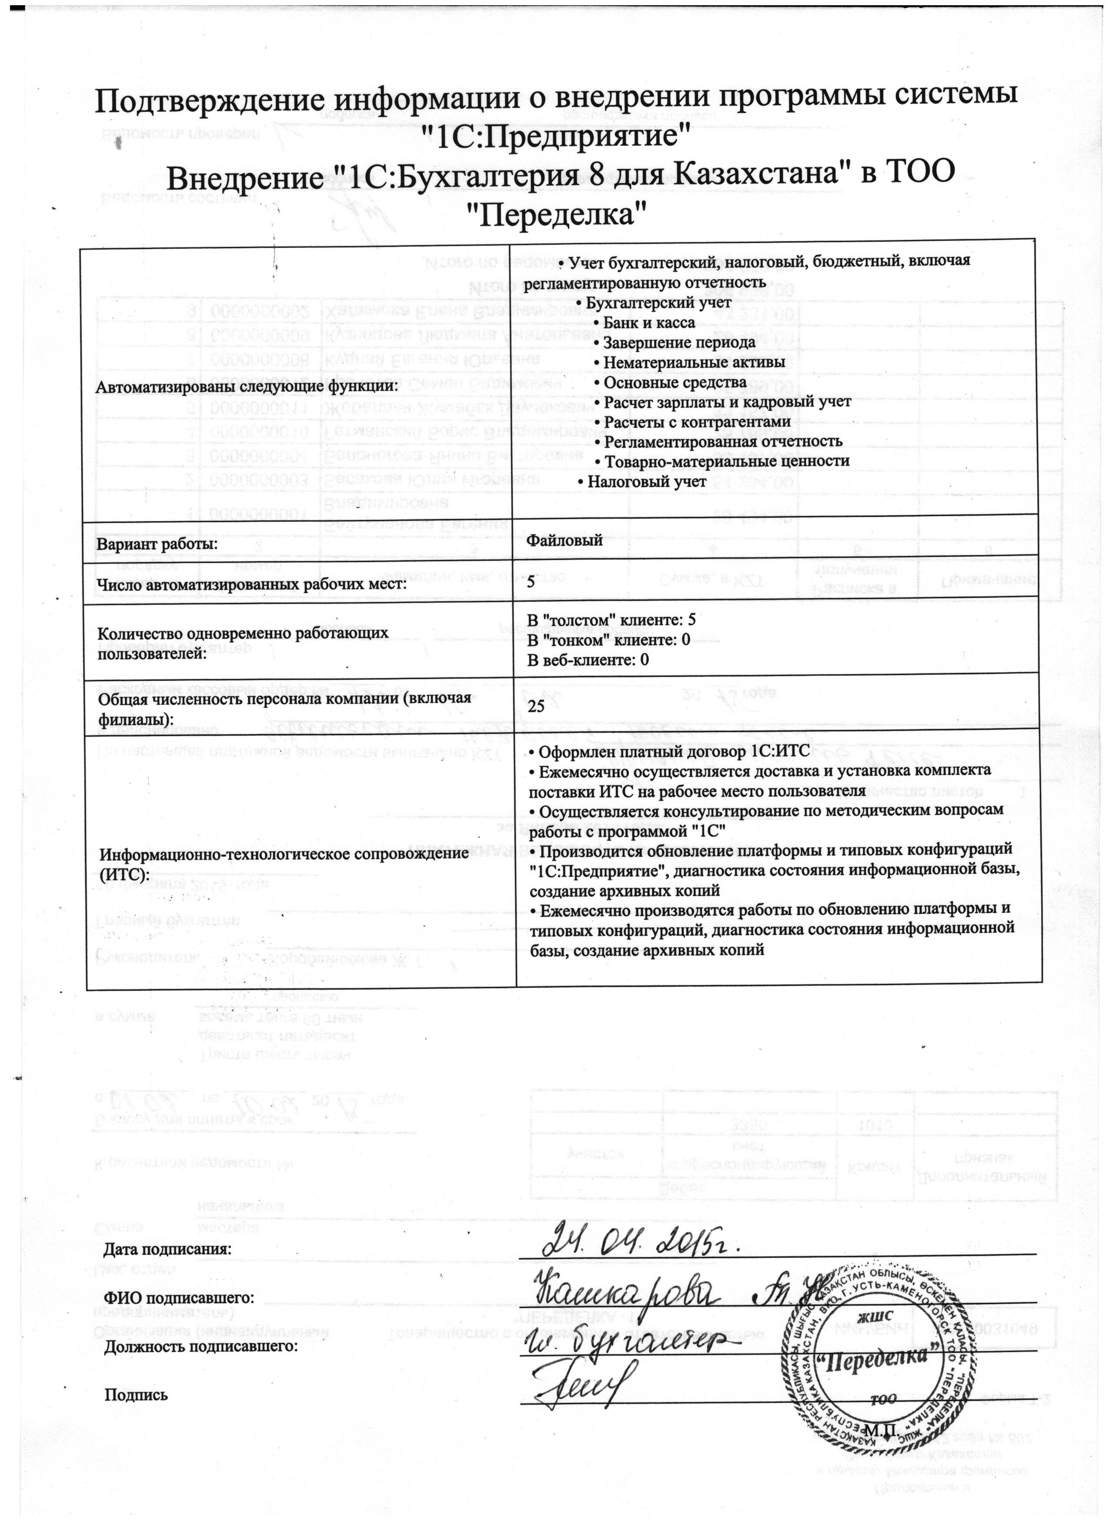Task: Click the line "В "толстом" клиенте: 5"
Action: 611,620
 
